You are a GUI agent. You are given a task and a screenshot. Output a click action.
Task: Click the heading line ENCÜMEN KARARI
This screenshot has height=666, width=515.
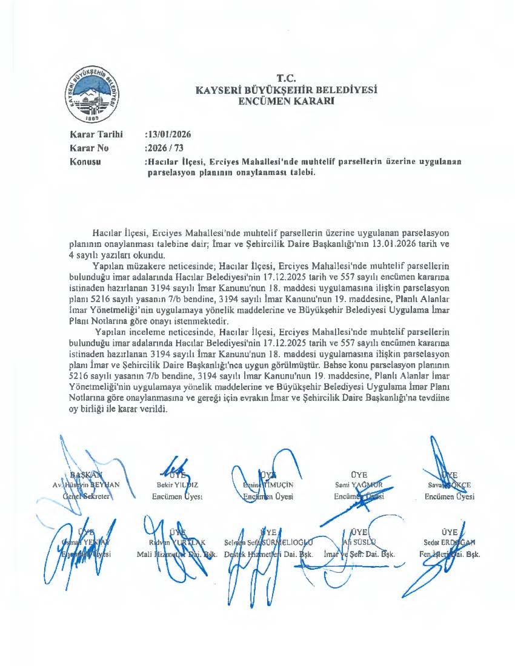(286, 101)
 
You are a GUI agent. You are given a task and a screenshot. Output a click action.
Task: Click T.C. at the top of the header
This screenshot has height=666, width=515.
(286, 78)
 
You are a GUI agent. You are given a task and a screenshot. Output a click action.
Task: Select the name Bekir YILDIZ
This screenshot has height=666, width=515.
(173, 485)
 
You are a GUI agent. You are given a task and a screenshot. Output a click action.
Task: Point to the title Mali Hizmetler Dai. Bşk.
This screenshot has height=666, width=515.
(178, 553)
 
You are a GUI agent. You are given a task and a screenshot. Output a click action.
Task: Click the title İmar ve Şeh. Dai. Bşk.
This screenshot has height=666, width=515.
(359, 553)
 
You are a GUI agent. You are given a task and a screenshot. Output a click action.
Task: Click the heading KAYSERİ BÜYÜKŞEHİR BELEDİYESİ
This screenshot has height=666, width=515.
(286, 90)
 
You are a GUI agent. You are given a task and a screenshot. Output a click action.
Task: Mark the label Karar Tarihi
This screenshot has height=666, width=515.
(97, 134)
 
